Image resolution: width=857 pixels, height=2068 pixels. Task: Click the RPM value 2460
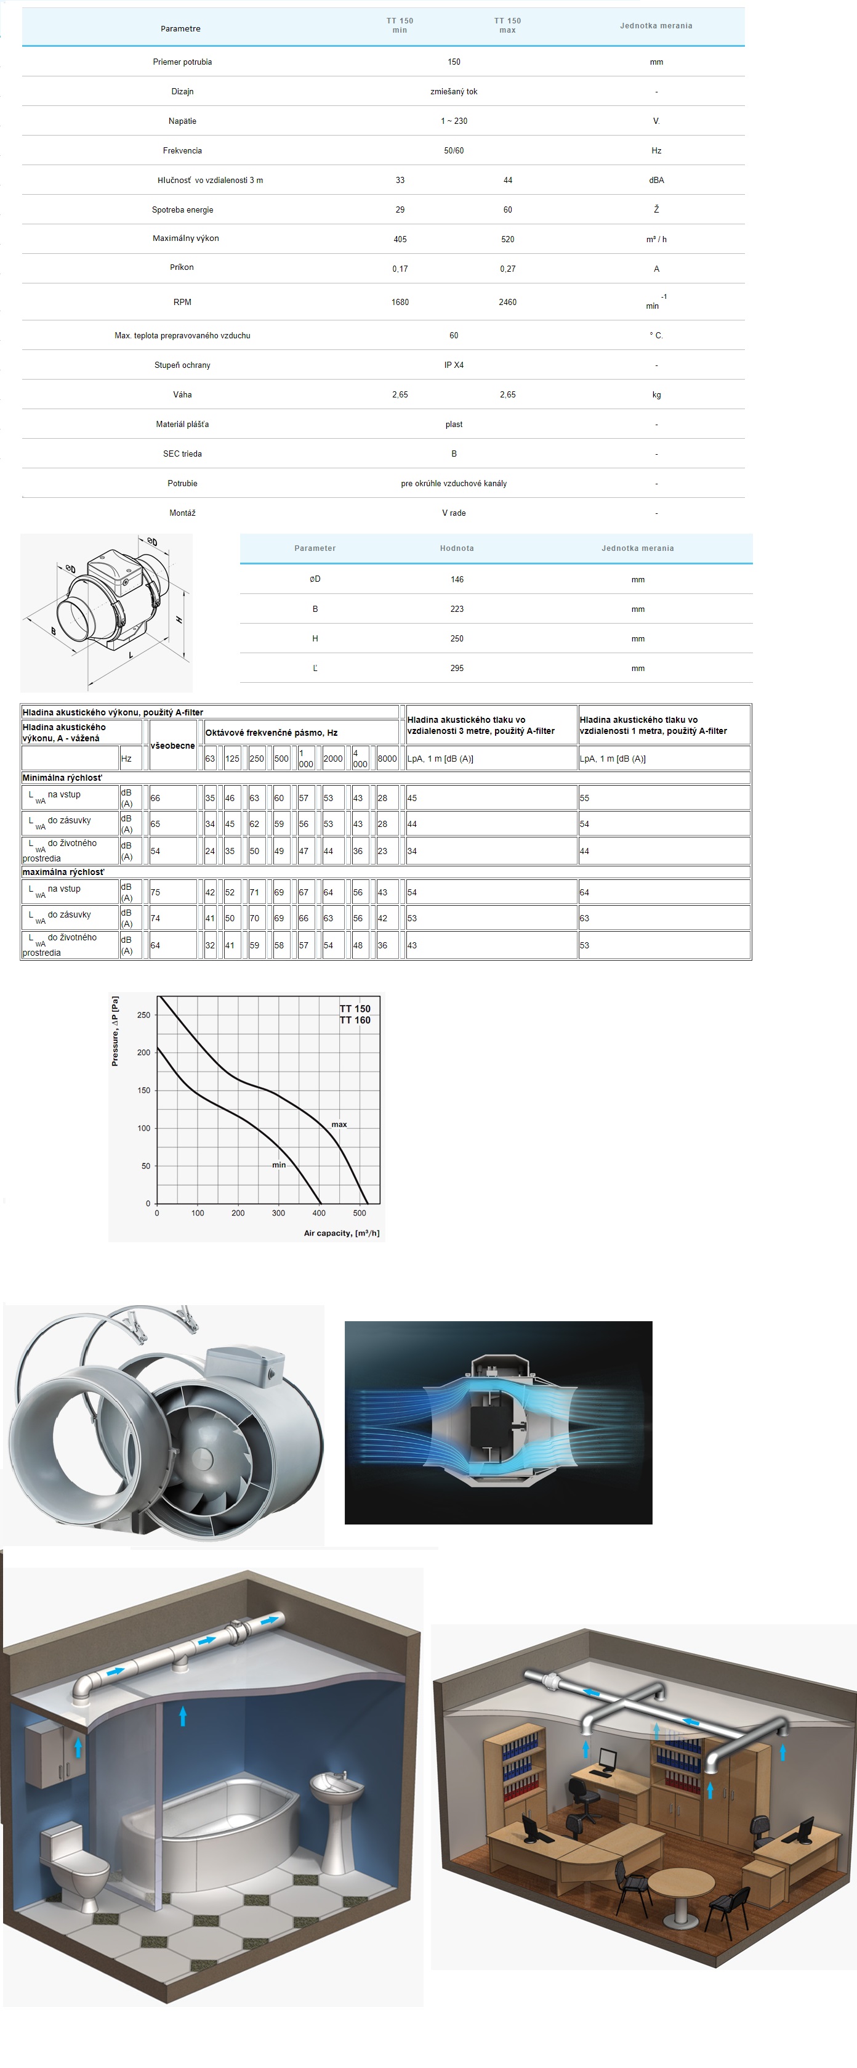coord(507,302)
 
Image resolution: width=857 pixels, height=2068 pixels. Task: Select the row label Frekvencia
coord(182,150)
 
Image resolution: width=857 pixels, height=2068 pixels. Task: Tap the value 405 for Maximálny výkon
coord(400,239)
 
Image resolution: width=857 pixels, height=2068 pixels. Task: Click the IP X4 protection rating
coord(453,364)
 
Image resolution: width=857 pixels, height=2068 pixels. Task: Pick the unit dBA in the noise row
coord(656,180)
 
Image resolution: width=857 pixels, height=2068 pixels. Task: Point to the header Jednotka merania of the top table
coord(656,26)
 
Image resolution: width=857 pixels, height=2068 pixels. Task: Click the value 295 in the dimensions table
coord(457,668)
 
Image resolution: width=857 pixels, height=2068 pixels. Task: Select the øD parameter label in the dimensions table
coord(315,579)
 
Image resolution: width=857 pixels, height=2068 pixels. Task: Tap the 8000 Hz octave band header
coord(387,758)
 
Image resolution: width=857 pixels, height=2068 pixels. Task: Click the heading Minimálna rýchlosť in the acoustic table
coord(62,777)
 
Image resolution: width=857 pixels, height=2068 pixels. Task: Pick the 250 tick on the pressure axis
coord(143,1015)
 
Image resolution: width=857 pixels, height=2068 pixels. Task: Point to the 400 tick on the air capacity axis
coord(318,1213)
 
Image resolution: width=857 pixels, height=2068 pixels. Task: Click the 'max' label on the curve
coord(339,1124)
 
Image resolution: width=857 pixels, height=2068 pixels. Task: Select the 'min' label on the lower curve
coord(278,1165)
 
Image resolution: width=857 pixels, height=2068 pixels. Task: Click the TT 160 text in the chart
coord(355,1020)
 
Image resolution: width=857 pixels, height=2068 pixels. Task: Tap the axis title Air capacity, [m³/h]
coord(341,1233)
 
